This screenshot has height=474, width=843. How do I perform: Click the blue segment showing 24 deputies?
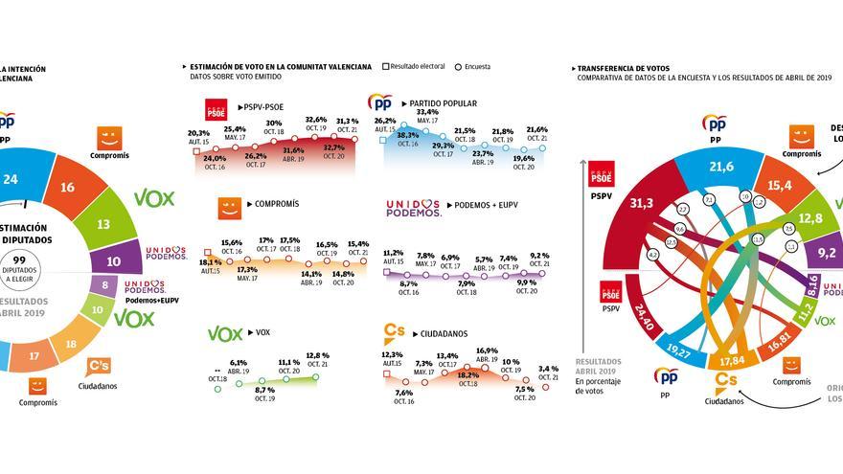point(11,179)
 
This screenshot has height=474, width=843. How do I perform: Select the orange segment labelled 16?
point(68,189)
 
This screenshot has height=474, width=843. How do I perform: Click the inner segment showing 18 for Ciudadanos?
point(69,344)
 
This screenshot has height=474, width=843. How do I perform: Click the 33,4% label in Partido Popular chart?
point(427,112)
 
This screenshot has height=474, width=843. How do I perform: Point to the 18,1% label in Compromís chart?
point(209,262)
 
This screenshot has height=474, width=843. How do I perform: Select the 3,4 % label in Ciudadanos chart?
point(547,368)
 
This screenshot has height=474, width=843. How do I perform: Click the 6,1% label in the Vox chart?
point(239,363)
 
